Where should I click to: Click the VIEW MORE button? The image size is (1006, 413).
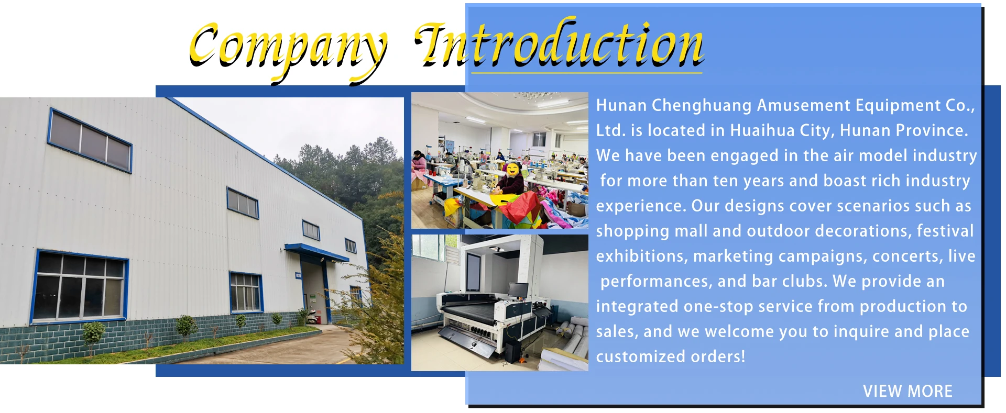click(907, 391)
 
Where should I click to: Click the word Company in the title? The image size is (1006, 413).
click(288, 50)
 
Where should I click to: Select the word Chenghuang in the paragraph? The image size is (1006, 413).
click(702, 106)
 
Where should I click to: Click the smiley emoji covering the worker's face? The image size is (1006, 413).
click(512, 169)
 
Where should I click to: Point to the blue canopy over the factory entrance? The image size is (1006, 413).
click(316, 252)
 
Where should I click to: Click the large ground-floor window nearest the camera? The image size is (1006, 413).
click(80, 286)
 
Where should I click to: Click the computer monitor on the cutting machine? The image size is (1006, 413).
click(518, 289)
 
